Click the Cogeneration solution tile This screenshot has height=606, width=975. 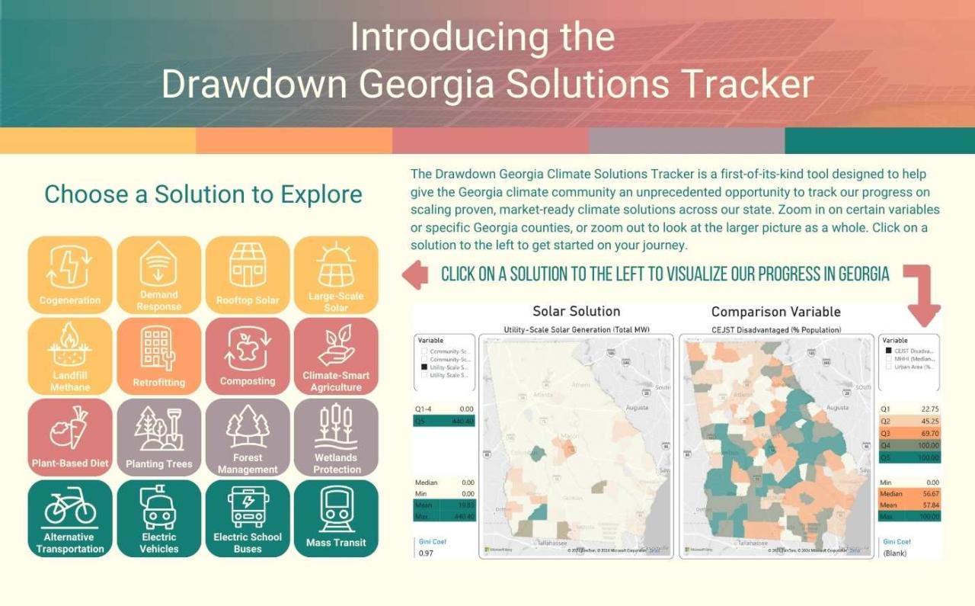pos(70,275)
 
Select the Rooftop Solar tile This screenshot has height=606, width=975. pos(248,275)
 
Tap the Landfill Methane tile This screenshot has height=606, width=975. pos(70,357)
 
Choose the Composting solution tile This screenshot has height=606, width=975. pos(248,357)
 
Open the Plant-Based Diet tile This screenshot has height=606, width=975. pos(70,438)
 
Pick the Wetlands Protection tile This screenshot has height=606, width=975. pos(336,438)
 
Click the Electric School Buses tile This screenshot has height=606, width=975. pos(248,518)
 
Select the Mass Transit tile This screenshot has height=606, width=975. pos(336,518)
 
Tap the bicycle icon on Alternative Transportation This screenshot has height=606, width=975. pos(70,506)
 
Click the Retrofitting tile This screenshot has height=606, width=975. pos(158,357)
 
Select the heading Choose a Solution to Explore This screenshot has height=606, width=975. pos(203,194)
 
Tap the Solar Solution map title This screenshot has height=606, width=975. pos(576,311)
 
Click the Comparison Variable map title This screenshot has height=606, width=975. pos(775,311)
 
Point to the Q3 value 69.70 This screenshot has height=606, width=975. pos(929,433)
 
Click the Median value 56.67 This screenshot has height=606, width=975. pos(929,494)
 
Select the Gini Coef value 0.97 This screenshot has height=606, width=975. pos(426,553)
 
